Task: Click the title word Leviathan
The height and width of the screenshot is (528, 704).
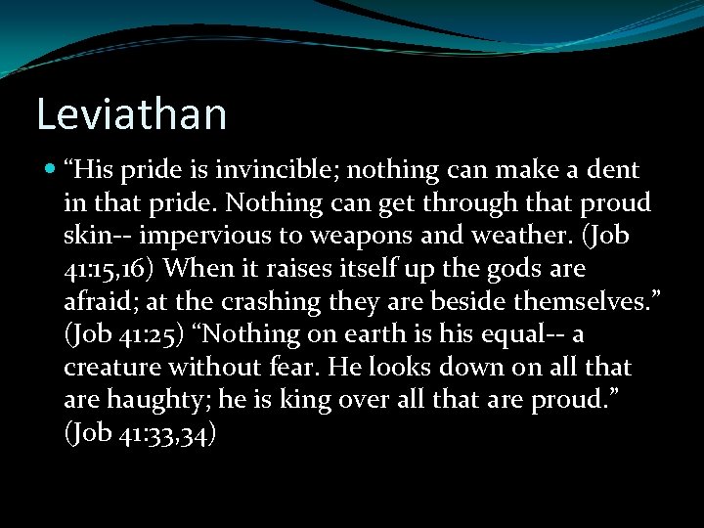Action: point(131,113)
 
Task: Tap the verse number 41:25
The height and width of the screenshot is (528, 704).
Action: point(146,335)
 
